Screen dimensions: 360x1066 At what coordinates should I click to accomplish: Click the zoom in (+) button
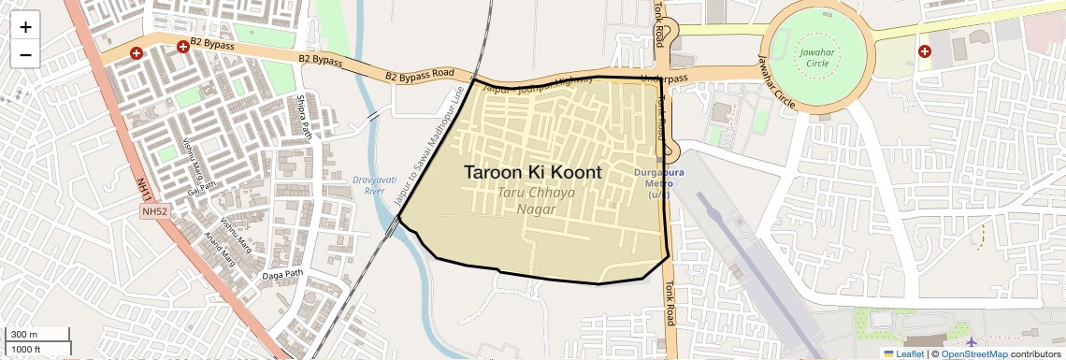pos(25,26)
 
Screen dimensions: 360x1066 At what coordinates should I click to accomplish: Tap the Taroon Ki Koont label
pos(532,173)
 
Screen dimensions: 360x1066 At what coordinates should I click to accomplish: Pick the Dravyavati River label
pos(369,184)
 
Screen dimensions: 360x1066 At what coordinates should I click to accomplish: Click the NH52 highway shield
pos(154,212)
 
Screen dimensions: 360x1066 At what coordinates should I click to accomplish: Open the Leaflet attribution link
pos(903,353)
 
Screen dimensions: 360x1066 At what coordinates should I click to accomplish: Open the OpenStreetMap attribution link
pos(973,353)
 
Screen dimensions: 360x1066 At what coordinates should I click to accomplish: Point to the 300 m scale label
pos(24,335)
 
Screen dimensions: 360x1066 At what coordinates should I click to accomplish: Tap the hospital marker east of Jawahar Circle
pos(925,51)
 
